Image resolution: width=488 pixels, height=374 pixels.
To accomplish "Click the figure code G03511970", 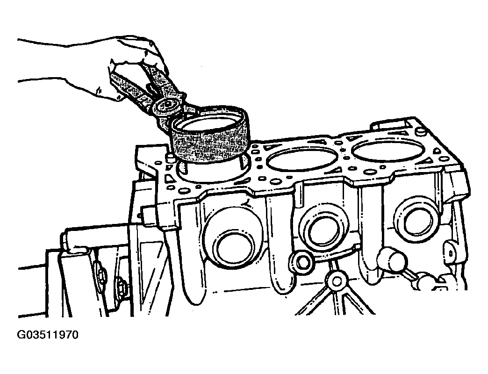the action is [47, 335].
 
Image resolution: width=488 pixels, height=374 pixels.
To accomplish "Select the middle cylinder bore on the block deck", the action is [302, 158].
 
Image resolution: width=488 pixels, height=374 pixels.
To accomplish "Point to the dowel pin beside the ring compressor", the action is [171, 157].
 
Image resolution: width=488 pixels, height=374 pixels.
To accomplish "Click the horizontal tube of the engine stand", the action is [96, 238].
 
